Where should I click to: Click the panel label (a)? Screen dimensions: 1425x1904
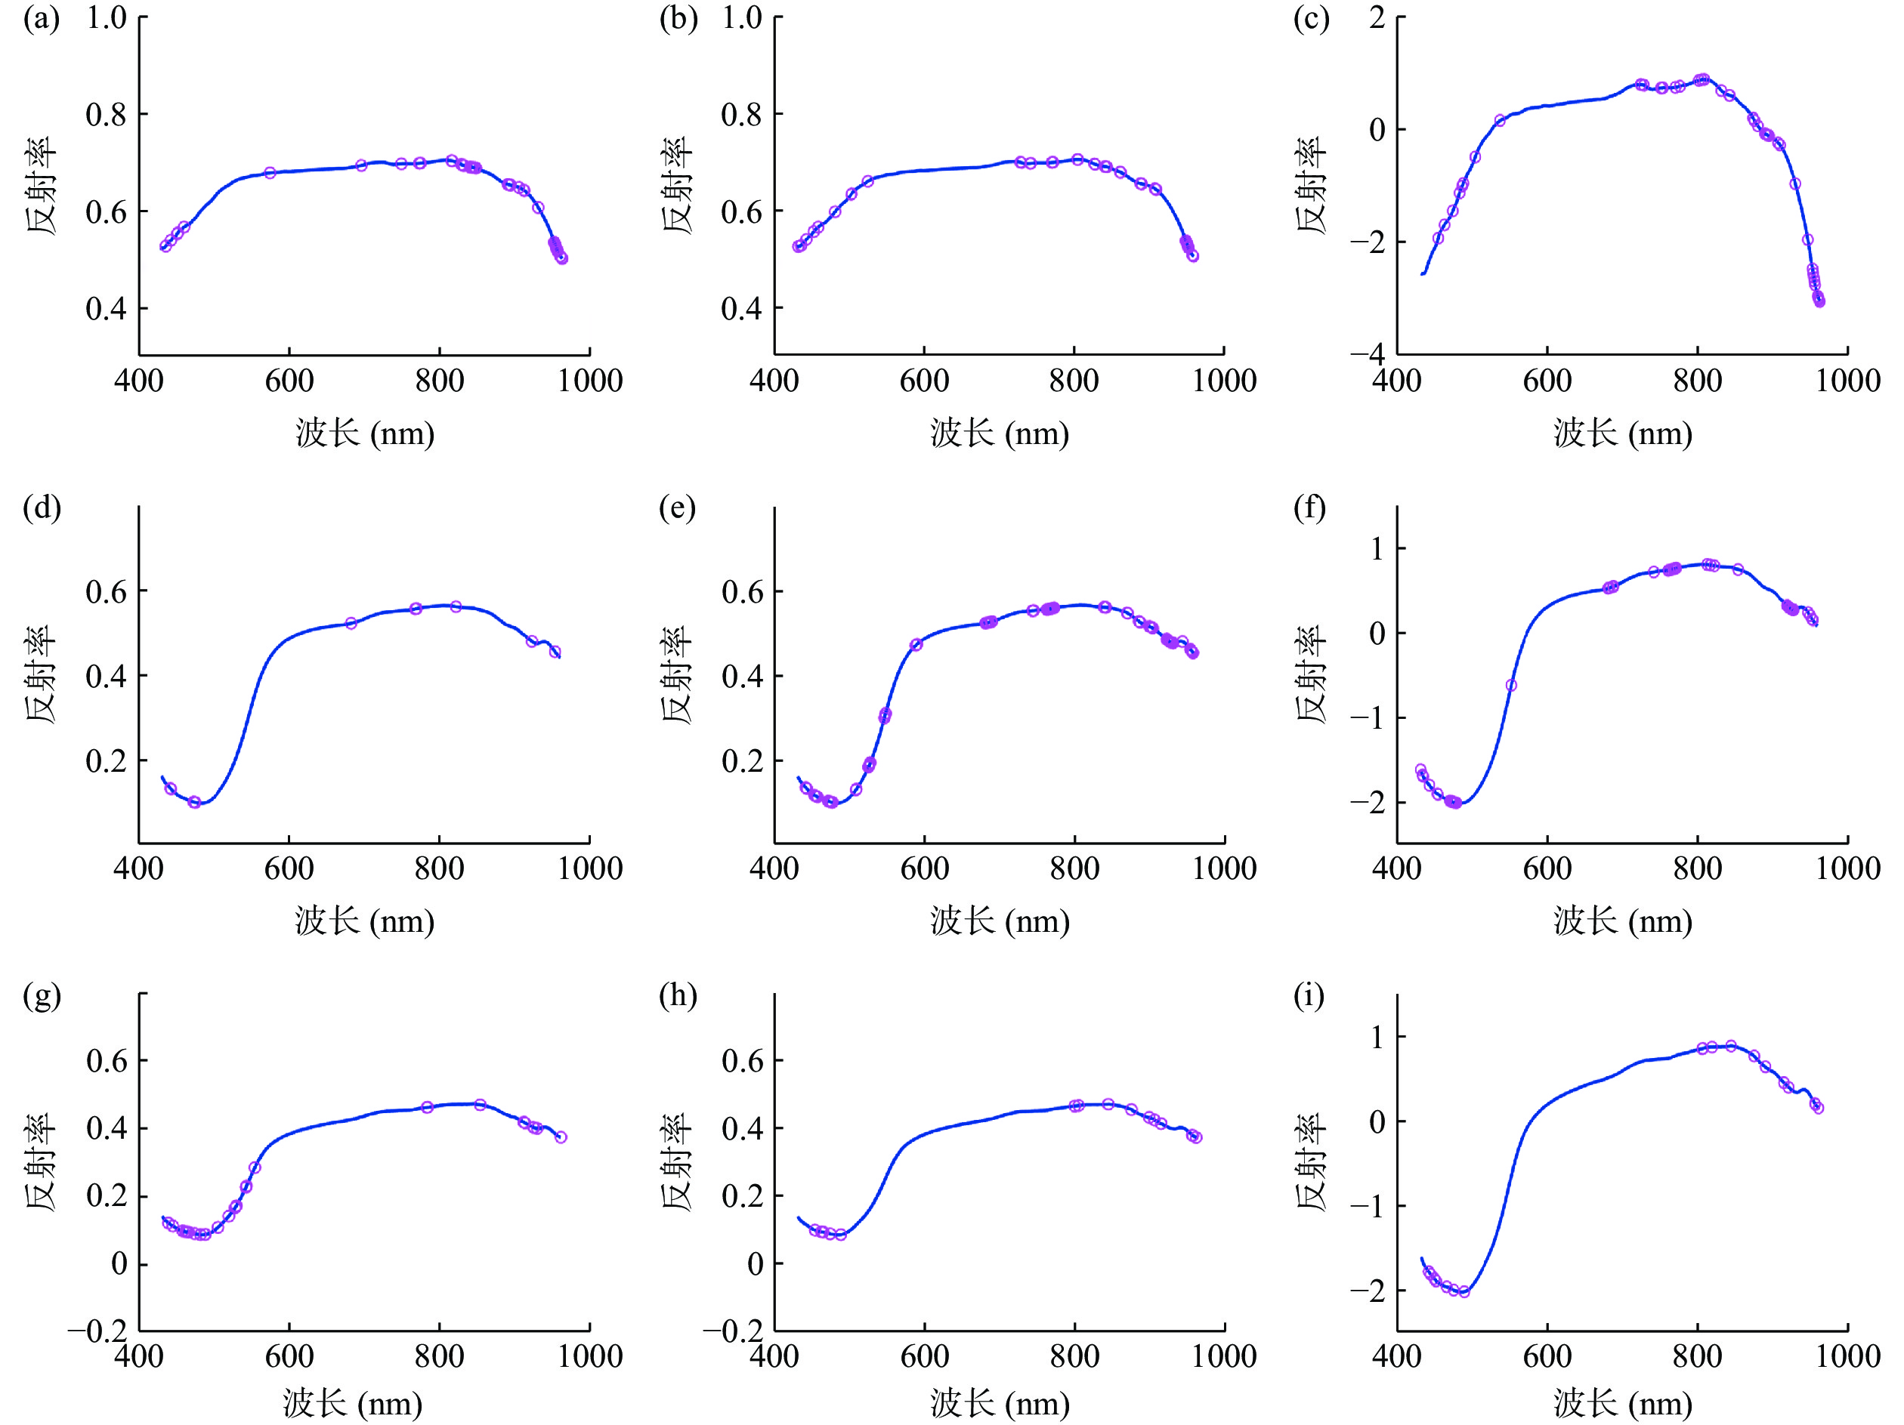pyautogui.click(x=42, y=19)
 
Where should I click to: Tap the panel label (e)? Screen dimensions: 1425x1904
pyautogui.click(x=676, y=507)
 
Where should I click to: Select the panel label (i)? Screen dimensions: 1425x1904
pyautogui.click(x=1309, y=995)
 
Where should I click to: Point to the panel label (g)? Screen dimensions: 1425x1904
pyautogui.click(x=42, y=995)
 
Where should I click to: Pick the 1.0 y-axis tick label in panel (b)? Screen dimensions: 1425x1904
pyautogui.click(x=741, y=17)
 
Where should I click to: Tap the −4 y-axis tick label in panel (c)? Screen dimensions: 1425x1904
pyautogui.click(x=1367, y=353)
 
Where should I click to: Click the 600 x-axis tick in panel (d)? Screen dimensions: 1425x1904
pyautogui.click(x=289, y=868)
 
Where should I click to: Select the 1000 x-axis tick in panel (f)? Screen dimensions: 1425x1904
pyautogui.click(x=1847, y=868)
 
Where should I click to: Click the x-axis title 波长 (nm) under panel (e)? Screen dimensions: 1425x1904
pyautogui.click(x=1000, y=921)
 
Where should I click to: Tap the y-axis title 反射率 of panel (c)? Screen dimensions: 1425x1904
pyautogui.click(x=1311, y=185)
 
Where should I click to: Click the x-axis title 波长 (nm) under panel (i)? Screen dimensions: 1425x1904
pyautogui.click(x=1622, y=1404)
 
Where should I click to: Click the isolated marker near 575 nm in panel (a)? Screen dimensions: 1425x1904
pyautogui.click(x=270, y=173)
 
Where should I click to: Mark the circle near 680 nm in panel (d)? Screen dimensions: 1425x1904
pyautogui.click(x=351, y=623)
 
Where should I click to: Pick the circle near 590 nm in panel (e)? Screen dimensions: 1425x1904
pyautogui.click(x=916, y=644)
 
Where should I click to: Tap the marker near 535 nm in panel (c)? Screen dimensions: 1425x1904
pyautogui.click(x=1500, y=122)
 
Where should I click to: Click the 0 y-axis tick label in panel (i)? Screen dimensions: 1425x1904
pyautogui.click(x=1377, y=1121)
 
